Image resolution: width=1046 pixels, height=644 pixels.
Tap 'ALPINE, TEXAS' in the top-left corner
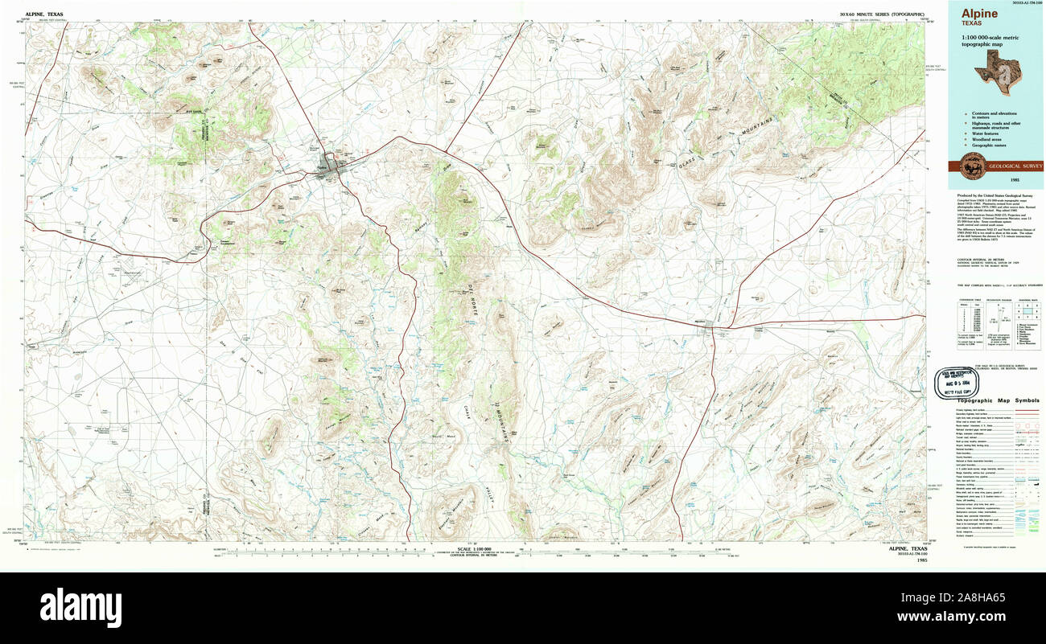click(x=44, y=14)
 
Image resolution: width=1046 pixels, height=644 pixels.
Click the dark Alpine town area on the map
click(x=328, y=164)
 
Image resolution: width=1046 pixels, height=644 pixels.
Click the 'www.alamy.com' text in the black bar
click(x=986, y=616)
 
